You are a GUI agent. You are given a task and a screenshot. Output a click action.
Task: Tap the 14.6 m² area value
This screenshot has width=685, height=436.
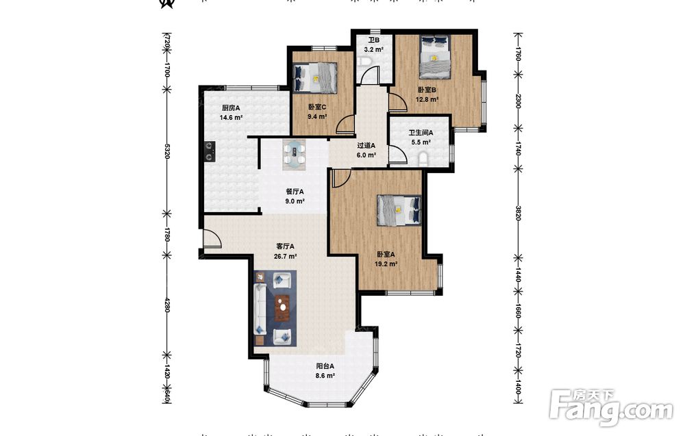pos(231,118)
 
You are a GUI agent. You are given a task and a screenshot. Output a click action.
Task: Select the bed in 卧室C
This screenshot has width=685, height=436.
pos(315,77)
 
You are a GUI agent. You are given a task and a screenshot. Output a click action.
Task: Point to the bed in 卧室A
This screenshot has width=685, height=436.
pos(399,210)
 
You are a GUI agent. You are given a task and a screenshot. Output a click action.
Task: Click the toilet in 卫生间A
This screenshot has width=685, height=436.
pos(424,159)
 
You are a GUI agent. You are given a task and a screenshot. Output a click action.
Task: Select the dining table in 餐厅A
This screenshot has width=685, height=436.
pos(294,154)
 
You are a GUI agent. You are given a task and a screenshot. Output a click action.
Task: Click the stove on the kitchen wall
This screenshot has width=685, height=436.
pos(210,151)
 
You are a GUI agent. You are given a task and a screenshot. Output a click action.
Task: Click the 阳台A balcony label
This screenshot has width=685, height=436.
pos(325,367)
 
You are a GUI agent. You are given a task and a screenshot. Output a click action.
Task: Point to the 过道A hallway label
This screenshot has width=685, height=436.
pos(366,146)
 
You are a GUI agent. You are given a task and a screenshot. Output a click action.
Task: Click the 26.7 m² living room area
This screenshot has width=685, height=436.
pos(285,257)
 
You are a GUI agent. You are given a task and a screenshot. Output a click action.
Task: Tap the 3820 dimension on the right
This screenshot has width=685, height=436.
pos(517,213)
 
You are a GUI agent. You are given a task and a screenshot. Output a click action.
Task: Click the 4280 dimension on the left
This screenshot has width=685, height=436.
pos(166,304)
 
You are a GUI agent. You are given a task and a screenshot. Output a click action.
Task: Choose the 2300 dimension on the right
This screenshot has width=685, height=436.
pos(517,101)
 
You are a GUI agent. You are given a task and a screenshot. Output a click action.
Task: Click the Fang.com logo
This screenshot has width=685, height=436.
pos(612,407)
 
